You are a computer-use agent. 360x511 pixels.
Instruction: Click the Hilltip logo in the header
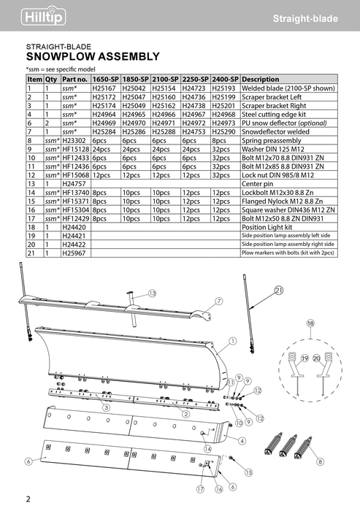[43, 15]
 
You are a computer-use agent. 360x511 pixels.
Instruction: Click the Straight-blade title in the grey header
[305, 18]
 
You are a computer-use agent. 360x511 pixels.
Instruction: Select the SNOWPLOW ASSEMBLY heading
[93, 56]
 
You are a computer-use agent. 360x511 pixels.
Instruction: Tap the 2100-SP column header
[165, 79]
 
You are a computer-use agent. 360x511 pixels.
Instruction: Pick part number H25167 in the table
[104, 88]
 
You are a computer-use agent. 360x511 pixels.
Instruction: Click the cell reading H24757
[74, 184]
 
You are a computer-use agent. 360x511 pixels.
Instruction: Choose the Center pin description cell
[257, 184]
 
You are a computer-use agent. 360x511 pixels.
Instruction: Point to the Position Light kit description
[267, 227]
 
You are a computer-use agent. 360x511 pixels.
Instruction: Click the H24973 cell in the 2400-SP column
[223, 123]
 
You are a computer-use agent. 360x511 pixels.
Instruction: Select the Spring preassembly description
[272, 140]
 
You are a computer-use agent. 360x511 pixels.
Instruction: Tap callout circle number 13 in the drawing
[153, 293]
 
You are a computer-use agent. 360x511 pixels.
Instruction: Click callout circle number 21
[279, 290]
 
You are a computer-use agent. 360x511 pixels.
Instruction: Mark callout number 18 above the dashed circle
[310, 323]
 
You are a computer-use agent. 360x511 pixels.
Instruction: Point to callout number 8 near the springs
[321, 461]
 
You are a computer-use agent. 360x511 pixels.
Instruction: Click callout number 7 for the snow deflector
[219, 301]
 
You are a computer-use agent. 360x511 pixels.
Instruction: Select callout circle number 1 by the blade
[233, 341]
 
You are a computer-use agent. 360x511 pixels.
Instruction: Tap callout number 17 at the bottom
[200, 489]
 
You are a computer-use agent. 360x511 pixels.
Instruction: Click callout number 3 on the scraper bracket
[107, 407]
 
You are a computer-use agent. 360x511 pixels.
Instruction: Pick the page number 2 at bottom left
[28, 499]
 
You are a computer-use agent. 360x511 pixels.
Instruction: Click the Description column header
[261, 79]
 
